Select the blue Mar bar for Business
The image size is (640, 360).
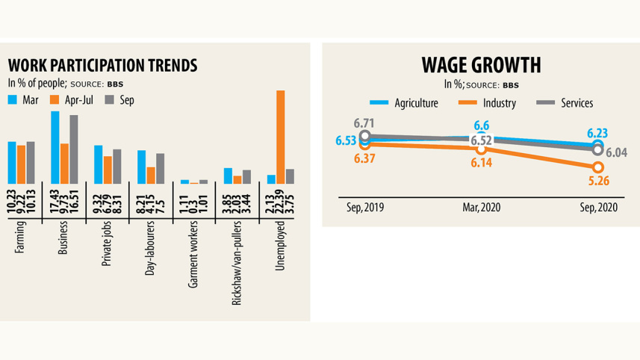pyautogui.click(x=55, y=147)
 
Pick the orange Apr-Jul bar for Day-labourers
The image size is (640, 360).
pyautogui.click(x=151, y=175)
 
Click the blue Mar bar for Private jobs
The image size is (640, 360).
pyautogui.click(x=99, y=164)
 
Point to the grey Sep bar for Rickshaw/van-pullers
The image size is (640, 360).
pyautogui.click(x=247, y=176)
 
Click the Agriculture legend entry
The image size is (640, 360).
pyautogui.click(x=404, y=103)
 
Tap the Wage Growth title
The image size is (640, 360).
pyautogui.click(x=481, y=65)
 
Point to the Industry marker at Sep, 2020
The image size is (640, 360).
pyautogui.click(x=597, y=167)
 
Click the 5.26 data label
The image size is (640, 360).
pyautogui.click(x=597, y=180)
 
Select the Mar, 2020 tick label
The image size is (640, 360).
pyautogui.click(x=481, y=205)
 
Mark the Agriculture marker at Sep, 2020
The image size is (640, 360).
pyautogui.click(x=597, y=146)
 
